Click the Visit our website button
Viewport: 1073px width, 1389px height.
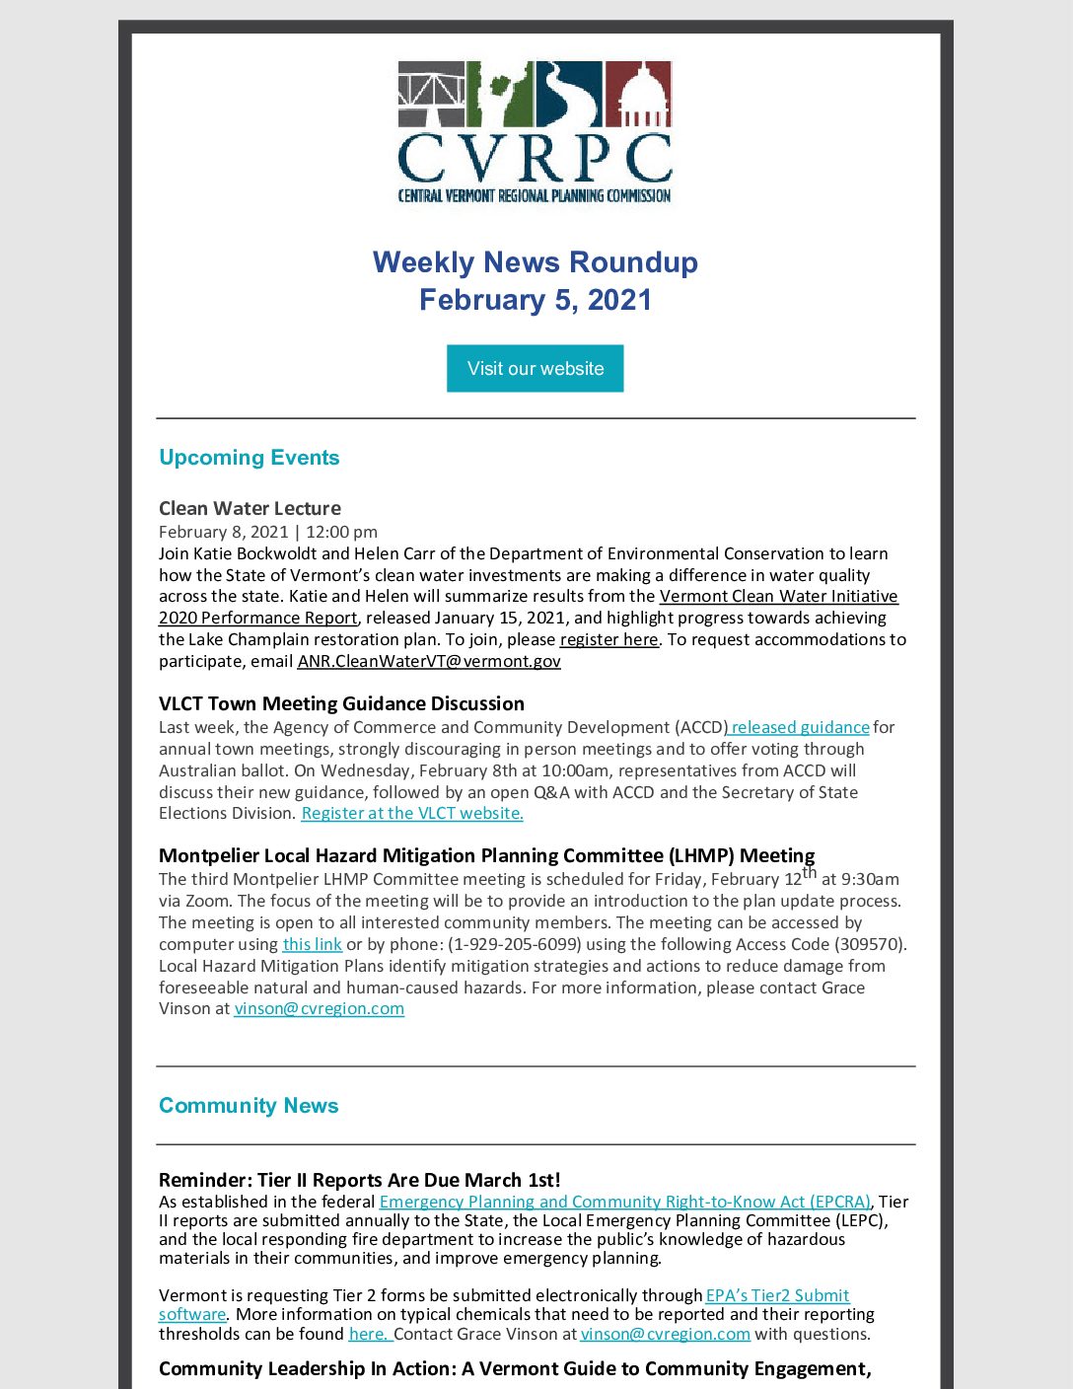pyautogui.click(x=535, y=368)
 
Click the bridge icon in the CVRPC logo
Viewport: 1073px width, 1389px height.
pyautogui.click(x=431, y=94)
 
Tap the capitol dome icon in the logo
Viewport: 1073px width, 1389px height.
pyautogui.click(x=638, y=94)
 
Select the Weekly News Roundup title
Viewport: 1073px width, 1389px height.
pyautogui.click(x=535, y=262)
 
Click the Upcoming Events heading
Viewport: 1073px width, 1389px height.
pyautogui.click(x=249, y=458)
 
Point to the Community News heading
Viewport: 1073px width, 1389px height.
pyautogui.click(x=249, y=1106)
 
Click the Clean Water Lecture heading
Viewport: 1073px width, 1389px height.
pyautogui.click(x=250, y=509)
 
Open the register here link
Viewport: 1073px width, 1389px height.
pyautogui.click(x=608, y=640)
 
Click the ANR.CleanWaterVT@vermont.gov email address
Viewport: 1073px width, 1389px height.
pyautogui.click(x=429, y=662)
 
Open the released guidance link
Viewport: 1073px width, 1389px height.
pyautogui.click(x=799, y=728)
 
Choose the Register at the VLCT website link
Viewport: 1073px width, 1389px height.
pyautogui.click(x=412, y=814)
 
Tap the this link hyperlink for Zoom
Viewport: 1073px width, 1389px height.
pyautogui.click(x=312, y=945)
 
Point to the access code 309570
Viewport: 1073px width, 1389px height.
pyautogui.click(x=867, y=945)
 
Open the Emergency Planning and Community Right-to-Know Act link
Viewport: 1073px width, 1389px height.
pyautogui.click(x=624, y=1203)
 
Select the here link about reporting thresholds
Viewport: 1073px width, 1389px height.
pyautogui.click(x=370, y=1335)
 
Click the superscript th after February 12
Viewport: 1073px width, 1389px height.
pyautogui.click(x=810, y=872)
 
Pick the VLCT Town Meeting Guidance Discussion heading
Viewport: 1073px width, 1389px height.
pyautogui.click(x=341, y=704)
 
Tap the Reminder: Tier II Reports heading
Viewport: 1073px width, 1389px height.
pyautogui.click(x=359, y=1181)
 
